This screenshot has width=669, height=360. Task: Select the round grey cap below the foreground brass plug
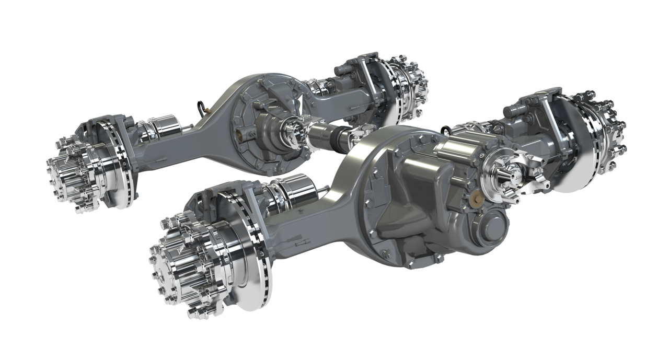point(493,227)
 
